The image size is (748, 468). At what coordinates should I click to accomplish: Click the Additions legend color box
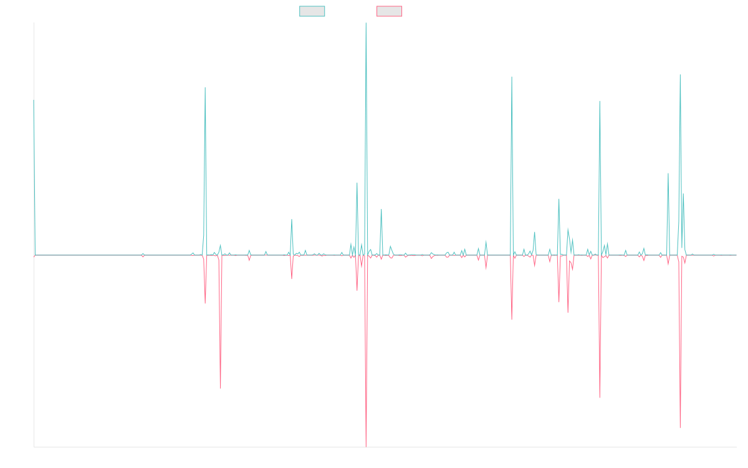pos(312,11)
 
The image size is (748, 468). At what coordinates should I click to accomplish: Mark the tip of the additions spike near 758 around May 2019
pos(205,87)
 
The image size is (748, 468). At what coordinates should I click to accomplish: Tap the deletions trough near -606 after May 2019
pos(221,388)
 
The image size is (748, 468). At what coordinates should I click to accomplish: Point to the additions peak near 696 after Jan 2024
pos(600,101)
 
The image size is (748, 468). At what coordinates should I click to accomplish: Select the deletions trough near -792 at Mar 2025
pos(679,428)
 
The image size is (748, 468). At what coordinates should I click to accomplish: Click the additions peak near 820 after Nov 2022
pos(511,77)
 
